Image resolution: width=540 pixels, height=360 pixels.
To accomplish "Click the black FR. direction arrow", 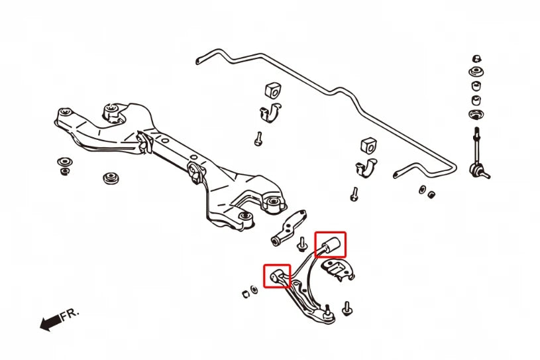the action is coord(51,322).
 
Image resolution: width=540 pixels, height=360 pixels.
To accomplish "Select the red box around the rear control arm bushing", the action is coord(330,244).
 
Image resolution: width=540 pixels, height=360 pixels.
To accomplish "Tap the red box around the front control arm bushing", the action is coord(277,276).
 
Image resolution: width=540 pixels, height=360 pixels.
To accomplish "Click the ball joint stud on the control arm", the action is coord(327,311).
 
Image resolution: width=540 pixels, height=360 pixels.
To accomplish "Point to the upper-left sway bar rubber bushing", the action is coord(272,90).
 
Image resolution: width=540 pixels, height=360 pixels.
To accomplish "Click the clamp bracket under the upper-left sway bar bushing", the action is coord(270,112).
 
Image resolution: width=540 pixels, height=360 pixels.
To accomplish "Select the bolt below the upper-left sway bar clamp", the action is coord(258,139).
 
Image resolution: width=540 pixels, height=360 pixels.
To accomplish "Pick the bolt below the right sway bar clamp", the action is coord(354,194).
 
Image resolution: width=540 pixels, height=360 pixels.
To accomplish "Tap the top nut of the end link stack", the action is coord(476,58).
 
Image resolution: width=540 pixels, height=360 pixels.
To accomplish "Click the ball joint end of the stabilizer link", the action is coord(476,170).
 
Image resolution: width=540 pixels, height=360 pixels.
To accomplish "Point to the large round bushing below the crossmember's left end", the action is coord(111,178).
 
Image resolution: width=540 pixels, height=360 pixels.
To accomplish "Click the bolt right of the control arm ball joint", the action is coord(347,308).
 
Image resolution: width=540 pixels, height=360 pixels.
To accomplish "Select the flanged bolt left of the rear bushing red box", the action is coord(302,245).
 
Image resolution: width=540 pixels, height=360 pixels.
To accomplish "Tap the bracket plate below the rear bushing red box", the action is coord(337,270).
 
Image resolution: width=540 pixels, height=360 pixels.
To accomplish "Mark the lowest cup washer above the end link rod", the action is coord(476,115).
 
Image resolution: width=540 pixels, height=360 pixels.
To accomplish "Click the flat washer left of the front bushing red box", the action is coord(254,289).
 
